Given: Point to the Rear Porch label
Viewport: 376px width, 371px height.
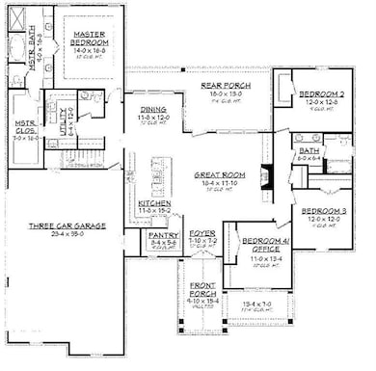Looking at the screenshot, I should pyautogui.click(x=225, y=86).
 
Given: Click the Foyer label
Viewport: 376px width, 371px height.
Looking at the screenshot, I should pyautogui.click(x=201, y=233).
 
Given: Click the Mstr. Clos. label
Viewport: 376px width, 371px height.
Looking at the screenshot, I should pyautogui.click(x=23, y=127).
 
